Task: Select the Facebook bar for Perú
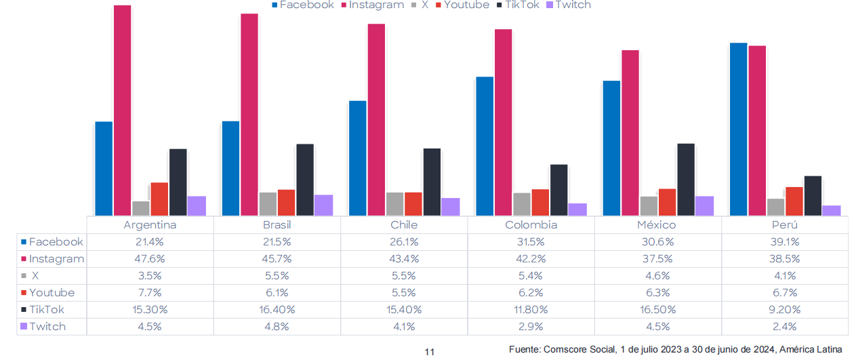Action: tap(738, 129)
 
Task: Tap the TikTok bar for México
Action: tap(686, 180)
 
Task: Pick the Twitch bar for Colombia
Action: tap(577, 209)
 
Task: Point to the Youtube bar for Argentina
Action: tap(159, 199)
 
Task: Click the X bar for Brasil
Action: tap(268, 204)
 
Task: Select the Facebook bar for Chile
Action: tap(357, 158)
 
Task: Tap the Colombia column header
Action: tap(531, 225)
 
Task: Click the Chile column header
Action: tap(404, 225)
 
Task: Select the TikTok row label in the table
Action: tap(47, 310)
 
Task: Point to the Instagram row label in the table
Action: tap(56, 259)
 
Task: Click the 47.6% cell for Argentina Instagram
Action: tap(150, 259)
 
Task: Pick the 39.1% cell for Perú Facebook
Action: tap(784, 242)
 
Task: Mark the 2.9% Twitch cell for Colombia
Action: tap(531, 327)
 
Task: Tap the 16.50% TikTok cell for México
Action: tap(657, 310)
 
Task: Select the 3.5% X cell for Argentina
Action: tap(150, 276)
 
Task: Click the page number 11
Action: tap(429, 352)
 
